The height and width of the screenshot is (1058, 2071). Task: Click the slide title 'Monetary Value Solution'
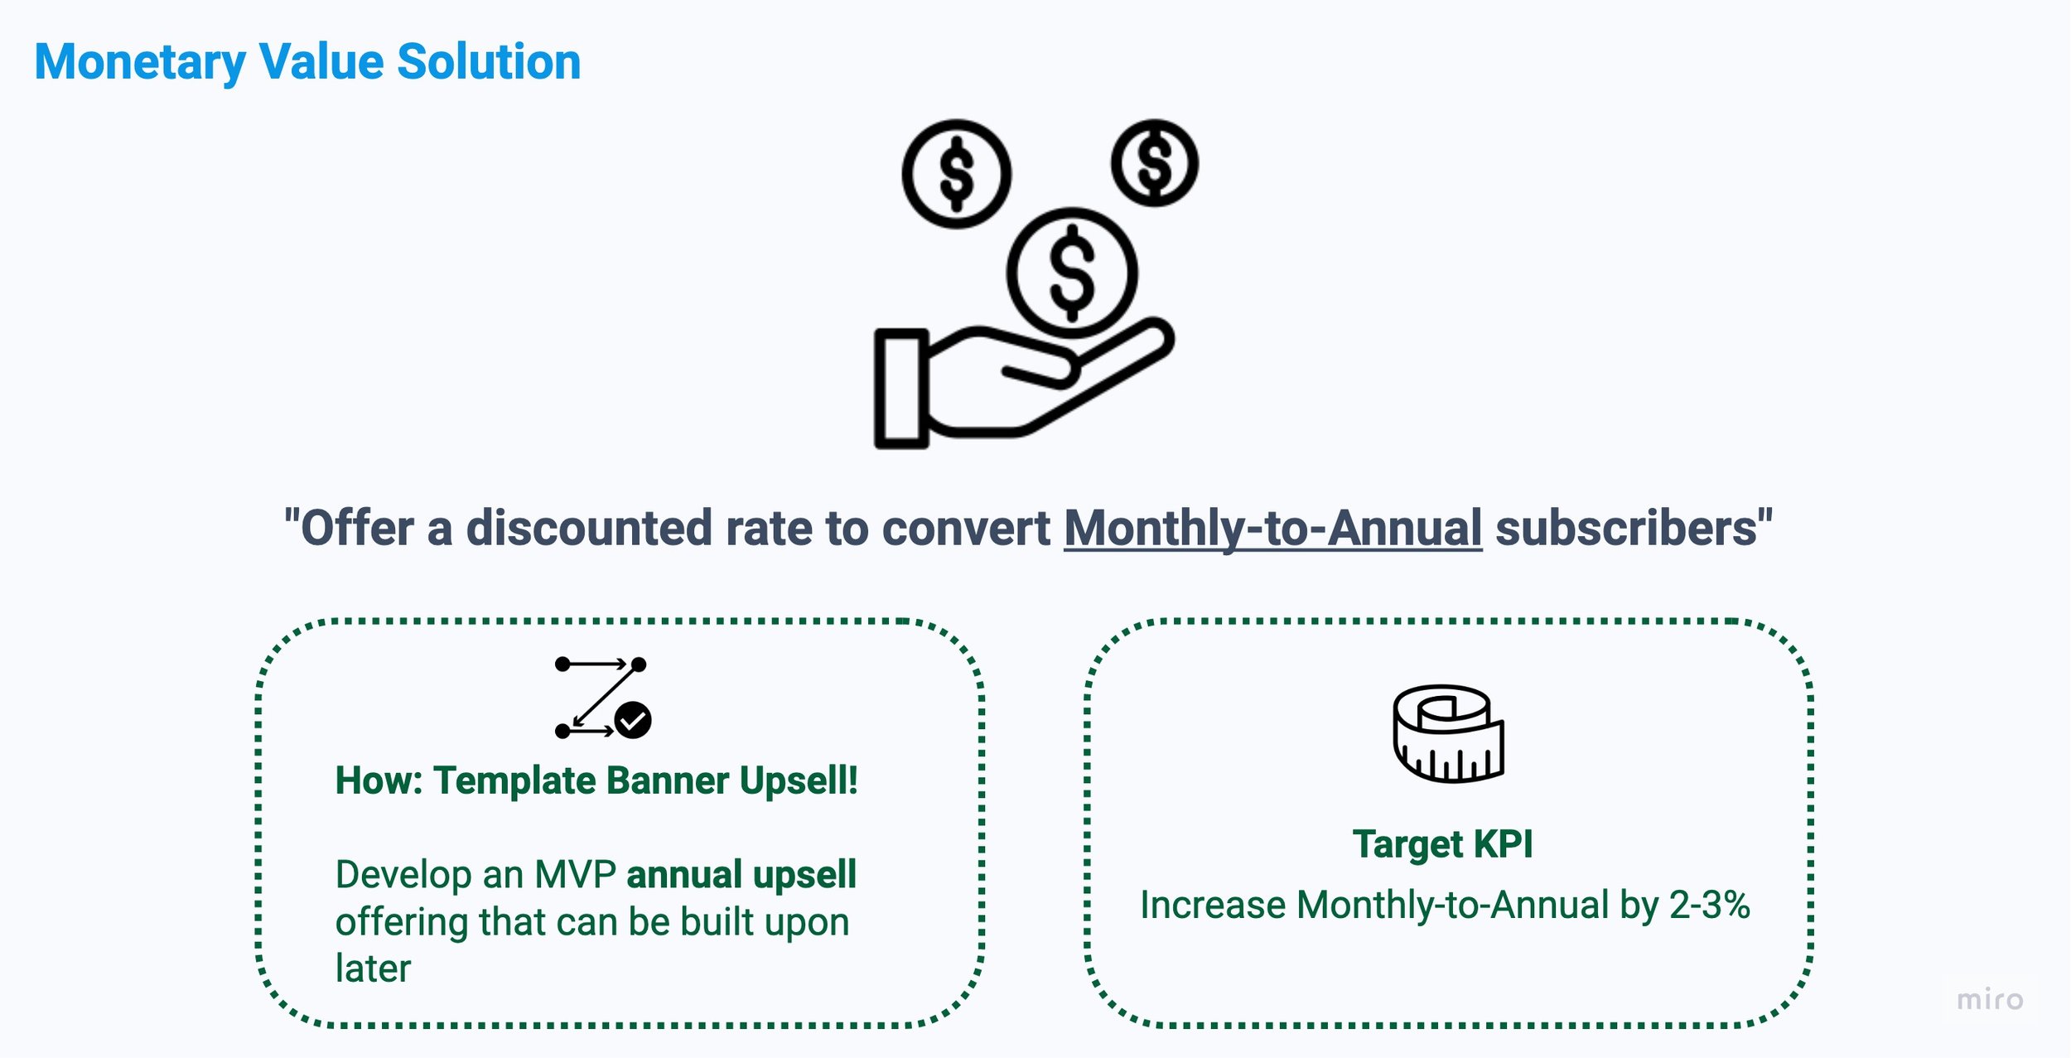click(x=307, y=62)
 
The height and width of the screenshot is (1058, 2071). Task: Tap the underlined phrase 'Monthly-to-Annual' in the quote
click(x=1272, y=528)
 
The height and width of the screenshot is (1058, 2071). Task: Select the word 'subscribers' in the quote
click(x=1626, y=528)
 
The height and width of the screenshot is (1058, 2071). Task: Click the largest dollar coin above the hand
click(x=1072, y=273)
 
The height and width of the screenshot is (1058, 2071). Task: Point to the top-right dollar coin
click(x=1154, y=162)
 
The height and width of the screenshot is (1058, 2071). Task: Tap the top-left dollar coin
click(x=956, y=174)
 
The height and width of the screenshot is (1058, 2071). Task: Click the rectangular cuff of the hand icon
click(x=901, y=389)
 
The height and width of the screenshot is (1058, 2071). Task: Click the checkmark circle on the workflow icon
click(x=633, y=720)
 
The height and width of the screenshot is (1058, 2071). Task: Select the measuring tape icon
click(x=1447, y=733)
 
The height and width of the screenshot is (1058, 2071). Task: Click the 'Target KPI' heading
click(x=1442, y=844)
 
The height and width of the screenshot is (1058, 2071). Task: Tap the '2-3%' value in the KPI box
click(x=1709, y=905)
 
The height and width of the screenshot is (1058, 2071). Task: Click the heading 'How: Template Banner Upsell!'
click(x=596, y=780)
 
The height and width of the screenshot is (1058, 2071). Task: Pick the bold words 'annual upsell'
click(x=741, y=875)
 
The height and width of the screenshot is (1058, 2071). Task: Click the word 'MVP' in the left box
click(x=575, y=875)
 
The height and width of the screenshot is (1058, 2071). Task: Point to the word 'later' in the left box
click(x=373, y=968)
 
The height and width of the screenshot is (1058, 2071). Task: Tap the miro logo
click(x=1989, y=1000)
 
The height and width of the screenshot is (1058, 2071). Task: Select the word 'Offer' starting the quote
click(x=356, y=528)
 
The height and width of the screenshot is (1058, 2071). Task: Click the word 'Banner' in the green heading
click(x=667, y=780)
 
